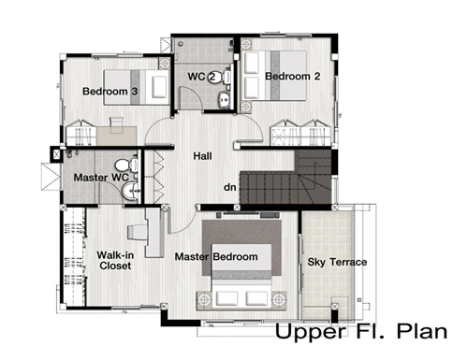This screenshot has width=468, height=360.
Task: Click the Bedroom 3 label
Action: click(x=110, y=92)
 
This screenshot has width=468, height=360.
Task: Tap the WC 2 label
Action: click(x=201, y=77)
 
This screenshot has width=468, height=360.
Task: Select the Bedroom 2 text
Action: click(x=293, y=77)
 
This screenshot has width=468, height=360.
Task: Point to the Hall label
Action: click(x=202, y=156)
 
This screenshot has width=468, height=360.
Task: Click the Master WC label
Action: click(x=101, y=178)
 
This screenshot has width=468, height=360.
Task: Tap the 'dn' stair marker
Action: click(x=230, y=187)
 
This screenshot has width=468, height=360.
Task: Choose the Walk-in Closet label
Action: click(x=115, y=260)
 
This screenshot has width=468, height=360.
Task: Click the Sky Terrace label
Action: click(x=337, y=262)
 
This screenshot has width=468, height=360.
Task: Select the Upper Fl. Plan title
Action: click(x=361, y=332)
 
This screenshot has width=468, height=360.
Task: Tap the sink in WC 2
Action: click(x=224, y=99)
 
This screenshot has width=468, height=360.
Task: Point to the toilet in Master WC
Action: click(x=126, y=165)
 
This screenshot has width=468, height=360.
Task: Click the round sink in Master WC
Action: click(x=130, y=191)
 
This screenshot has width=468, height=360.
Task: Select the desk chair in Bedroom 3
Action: click(x=116, y=122)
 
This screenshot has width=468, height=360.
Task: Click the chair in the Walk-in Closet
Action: click(x=138, y=232)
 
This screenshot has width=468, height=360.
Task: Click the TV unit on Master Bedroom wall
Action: click(x=248, y=214)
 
